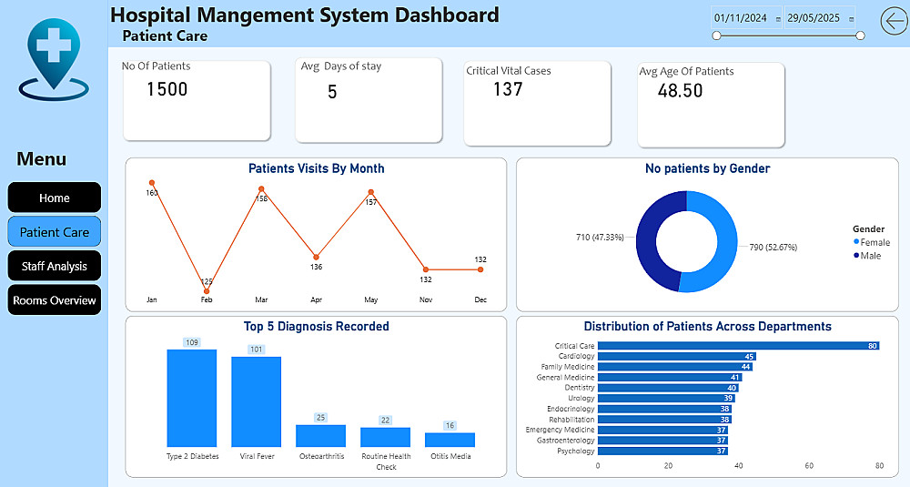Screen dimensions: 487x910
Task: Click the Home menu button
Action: pos(55,198)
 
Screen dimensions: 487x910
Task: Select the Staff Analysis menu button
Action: pos(55,266)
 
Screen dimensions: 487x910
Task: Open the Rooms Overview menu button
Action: pos(55,300)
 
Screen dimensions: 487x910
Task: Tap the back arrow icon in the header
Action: pos(895,20)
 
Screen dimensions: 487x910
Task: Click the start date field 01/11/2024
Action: pos(741,18)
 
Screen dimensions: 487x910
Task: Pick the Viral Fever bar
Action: pos(257,401)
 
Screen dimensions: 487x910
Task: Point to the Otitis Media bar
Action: pos(450,440)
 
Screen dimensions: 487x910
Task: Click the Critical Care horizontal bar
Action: pos(738,346)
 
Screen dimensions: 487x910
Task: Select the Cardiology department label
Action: pos(576,357)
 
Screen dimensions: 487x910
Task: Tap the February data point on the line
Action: pos(207,291)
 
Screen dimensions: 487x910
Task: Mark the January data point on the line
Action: pos(152,183)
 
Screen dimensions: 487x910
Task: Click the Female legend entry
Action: pos(872,242)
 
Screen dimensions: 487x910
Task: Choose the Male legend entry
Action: pos(868,255)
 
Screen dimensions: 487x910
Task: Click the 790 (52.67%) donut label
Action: pos(773,247)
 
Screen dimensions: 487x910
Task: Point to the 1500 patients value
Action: pos(167,89)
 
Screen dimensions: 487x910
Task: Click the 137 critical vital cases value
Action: pos(508,89)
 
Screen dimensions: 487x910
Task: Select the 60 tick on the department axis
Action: pos(809,465)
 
